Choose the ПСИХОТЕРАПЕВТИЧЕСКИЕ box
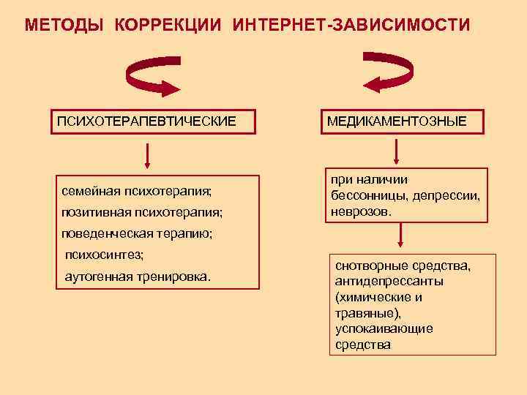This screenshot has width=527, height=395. (147, 120)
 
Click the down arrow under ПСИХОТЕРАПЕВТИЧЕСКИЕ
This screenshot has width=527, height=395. (148, 155)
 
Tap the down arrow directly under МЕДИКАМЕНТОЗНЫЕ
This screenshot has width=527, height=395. (396, 151)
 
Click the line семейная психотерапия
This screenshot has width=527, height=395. (137, 192)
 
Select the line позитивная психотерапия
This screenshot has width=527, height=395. (142, 213)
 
